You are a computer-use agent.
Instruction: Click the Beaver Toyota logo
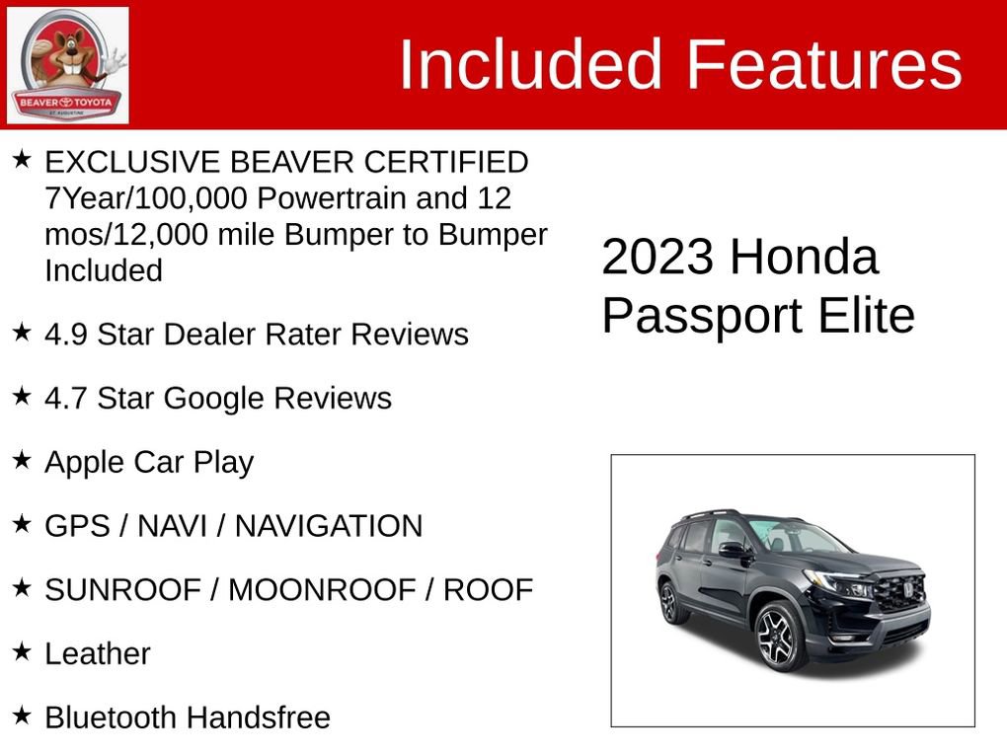point(67,65)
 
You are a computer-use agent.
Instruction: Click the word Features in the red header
point(823,65)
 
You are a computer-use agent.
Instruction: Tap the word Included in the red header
point(529,65)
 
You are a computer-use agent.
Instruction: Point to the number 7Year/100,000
point(146,198)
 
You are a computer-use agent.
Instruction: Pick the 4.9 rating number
point(65,335)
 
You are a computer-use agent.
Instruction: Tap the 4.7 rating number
point(65,399)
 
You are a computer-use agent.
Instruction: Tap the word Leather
point(97,653)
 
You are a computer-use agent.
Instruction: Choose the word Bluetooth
point(110,717)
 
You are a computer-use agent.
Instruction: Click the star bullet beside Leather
point(22,651)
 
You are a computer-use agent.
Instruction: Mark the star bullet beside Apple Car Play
point(22,460)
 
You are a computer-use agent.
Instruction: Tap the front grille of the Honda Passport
point(900,592)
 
